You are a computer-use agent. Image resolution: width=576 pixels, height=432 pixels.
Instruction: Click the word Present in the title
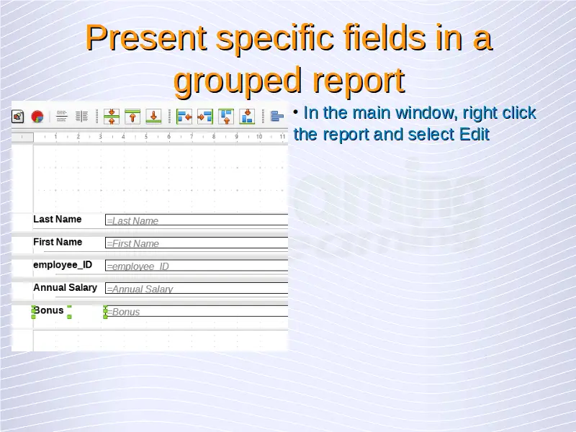point(146,37)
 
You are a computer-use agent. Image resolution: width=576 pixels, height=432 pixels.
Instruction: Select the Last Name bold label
point(58,220)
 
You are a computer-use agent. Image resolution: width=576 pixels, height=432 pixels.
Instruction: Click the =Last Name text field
point(197,220)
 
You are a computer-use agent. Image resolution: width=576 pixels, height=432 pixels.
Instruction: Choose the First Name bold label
point(58,242)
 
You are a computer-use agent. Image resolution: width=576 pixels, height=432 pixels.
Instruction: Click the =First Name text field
point(197,243)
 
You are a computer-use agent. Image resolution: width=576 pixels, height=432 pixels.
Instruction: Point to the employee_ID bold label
point(63,265)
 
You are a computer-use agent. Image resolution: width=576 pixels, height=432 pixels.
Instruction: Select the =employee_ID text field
point(197,266)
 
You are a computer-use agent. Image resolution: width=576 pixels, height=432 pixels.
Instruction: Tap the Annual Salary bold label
point(65,287)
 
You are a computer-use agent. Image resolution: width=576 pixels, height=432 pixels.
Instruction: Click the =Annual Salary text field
point(197,289)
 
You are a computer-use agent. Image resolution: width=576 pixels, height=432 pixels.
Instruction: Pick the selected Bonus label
point(48,310)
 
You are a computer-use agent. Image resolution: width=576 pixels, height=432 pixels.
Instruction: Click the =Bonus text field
point(197,311)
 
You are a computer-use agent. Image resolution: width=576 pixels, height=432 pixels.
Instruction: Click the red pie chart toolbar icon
point(37,117)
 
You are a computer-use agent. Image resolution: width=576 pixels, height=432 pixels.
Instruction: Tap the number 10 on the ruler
point(259,137)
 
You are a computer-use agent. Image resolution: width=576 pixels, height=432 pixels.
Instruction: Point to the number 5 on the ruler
point(146,137)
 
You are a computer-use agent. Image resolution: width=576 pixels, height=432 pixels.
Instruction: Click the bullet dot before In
point(296,112)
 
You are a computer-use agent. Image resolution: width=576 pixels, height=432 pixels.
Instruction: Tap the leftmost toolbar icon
point(17,117)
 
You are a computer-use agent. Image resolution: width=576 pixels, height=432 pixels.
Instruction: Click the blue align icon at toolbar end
point(277,117)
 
